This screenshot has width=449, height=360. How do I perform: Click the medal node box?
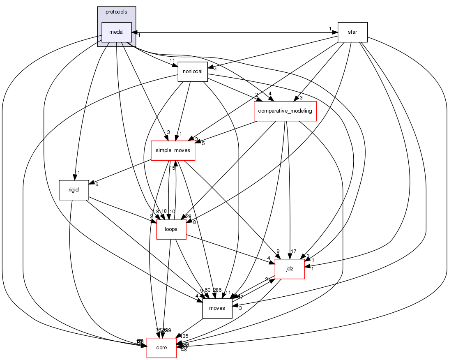coord(117,32)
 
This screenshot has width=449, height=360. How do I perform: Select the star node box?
coord(352,32)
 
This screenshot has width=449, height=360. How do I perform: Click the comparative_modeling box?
coord(285,111)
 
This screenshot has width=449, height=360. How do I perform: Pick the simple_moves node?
coord(173,151)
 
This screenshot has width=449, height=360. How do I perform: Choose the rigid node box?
coord(74,190)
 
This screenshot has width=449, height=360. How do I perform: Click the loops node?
coord(171,229)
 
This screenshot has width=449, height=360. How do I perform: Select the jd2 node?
coord(289,269)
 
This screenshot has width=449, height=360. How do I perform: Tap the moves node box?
coord(217,308)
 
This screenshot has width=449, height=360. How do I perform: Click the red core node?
coord(161,348)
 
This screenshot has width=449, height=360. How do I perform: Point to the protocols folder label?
coord(116,11)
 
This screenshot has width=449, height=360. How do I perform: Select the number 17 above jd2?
coord(294,251)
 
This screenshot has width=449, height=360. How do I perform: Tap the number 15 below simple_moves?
coord(173,168)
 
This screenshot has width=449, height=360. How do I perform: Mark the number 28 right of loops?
coord(189,217)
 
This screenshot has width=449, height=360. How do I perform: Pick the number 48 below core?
coord(184,350)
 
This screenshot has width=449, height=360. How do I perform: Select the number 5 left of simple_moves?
coord(203,143)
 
